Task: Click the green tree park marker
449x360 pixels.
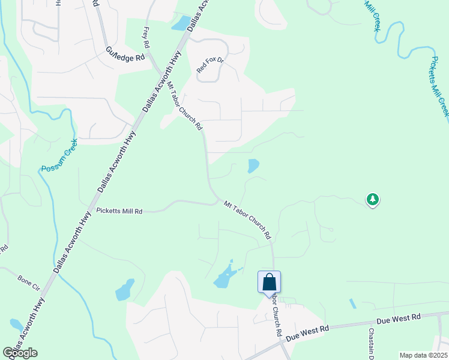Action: coord(373,199)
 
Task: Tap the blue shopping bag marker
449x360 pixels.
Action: coord(269,282)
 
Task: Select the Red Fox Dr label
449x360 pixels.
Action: coord(210,65)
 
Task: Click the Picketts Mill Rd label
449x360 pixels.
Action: coord(119,211)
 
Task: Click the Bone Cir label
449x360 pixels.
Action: coord(28,280)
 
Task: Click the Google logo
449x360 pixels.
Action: coord(20,353)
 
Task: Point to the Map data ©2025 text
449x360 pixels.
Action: coord(423,355)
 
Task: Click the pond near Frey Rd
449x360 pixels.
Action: coord(179,23)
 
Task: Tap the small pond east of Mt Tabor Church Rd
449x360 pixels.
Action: coord(253,166)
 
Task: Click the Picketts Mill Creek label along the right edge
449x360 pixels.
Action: coord(439,88)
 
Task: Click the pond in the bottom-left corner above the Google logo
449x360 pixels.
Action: coord(16,325)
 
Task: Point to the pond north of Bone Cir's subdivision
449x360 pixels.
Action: coord(125,290)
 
